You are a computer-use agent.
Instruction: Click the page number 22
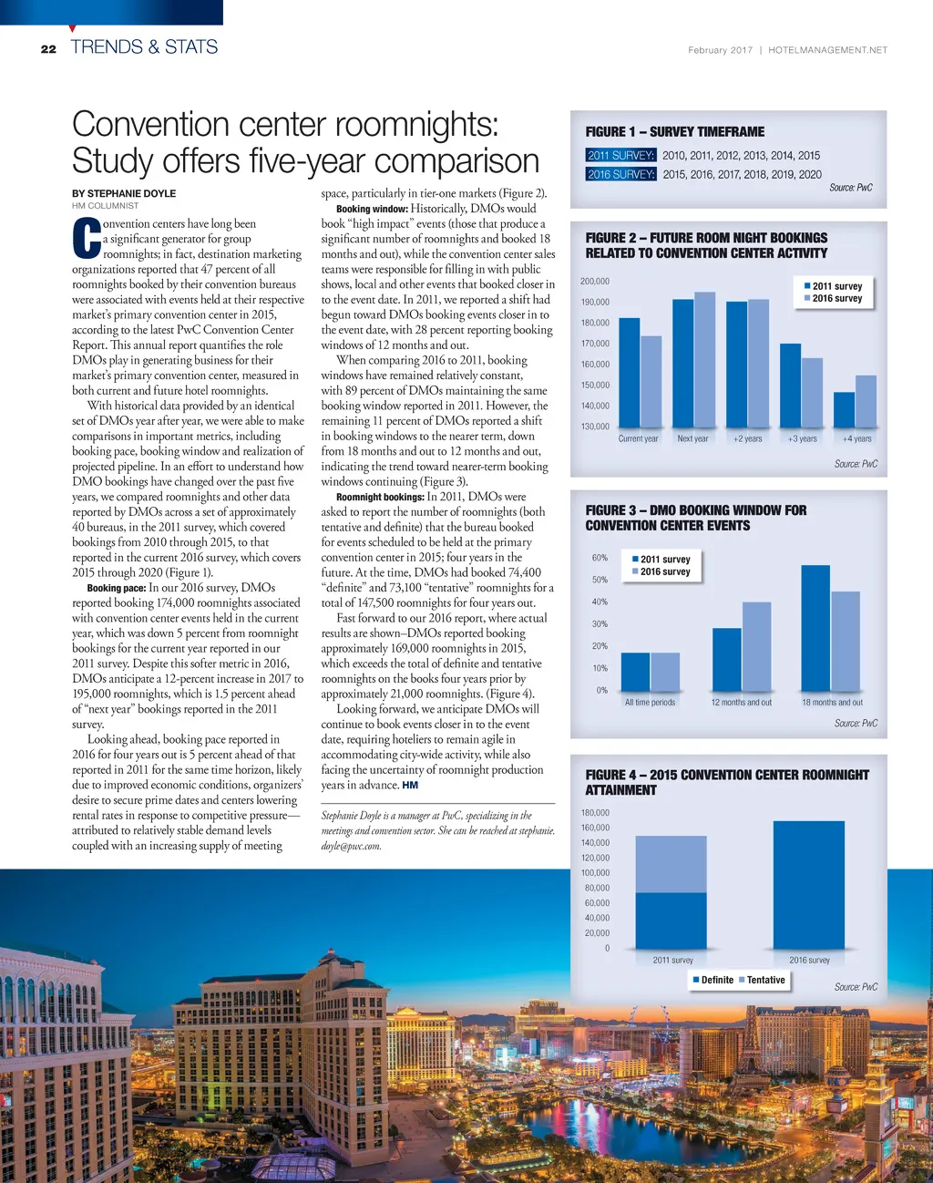tap(48, 49)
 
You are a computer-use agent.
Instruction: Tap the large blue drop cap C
tap(86, 239)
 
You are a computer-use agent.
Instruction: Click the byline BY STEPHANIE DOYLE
tap(124, 193)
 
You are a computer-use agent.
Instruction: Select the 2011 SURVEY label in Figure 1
tap(620, 156)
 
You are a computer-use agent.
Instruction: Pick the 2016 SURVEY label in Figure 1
tap(620, 174)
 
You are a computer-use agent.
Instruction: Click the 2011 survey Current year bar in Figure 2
tap(629, 373)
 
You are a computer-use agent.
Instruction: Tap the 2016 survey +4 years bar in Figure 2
tap(866, 401)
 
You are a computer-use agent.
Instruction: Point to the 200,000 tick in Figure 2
tap(595, 282)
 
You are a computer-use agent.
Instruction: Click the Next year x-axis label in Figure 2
tap(692, 439)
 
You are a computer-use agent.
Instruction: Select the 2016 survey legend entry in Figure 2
tap(836, 299)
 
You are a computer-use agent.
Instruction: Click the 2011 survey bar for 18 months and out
tap(815, 628)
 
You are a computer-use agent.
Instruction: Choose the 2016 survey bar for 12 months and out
tap(756, 646)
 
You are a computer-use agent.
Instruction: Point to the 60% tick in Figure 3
tap(600, 558)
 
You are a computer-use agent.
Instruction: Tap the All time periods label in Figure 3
tap(650, 703)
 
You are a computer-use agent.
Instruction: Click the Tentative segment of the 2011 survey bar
tap(671, 864)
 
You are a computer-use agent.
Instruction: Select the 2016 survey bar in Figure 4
tap(809, 885)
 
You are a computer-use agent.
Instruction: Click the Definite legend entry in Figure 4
tap(713, 981)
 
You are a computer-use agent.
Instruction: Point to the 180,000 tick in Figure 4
tap(595, 813)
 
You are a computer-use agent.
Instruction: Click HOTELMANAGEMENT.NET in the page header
tap(827, 50)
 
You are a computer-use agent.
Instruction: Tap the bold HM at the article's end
tap(410, 785)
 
